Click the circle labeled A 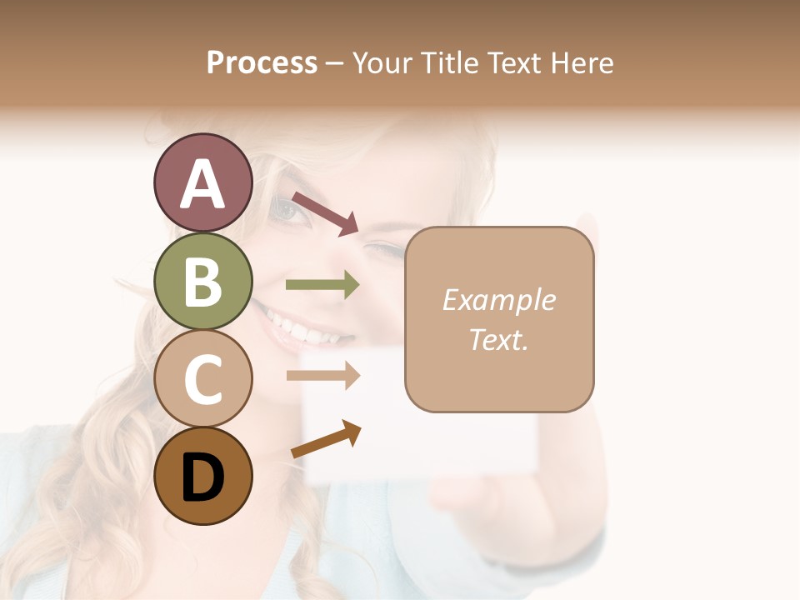202,183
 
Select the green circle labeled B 202,282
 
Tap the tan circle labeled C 202,379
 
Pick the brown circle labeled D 202,477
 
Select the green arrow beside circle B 322,285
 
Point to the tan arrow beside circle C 322,375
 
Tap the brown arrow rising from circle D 326,439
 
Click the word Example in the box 499,300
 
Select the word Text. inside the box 499,340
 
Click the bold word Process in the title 262,62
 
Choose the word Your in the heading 379,62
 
